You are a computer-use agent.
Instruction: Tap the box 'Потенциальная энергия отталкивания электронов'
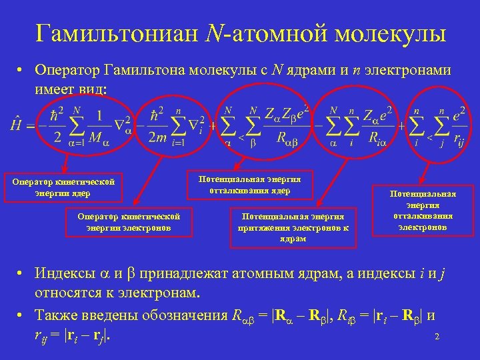pos(423,211)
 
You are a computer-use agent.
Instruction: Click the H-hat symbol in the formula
pos(16,124)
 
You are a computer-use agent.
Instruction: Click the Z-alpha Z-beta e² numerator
pos(289,111)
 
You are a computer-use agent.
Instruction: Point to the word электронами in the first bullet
pos(411,70)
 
